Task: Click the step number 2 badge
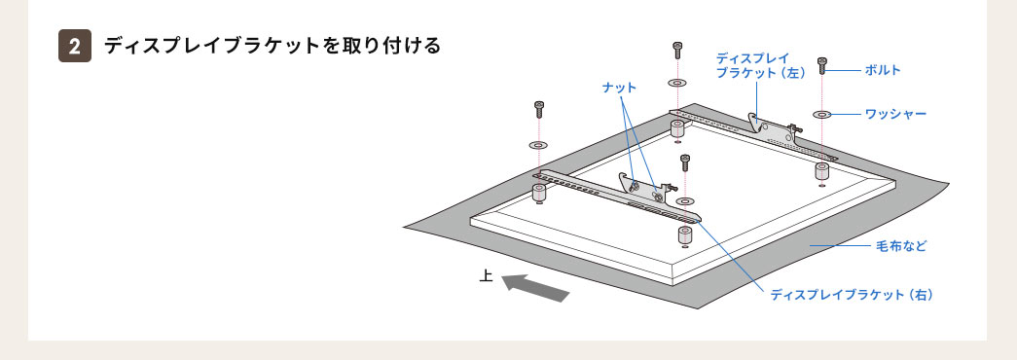pos(75,47)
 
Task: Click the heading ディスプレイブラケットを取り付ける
pos(272,47)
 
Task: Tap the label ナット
pos(619,88)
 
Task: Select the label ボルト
pos(883,70)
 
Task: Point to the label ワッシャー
pos(895,114)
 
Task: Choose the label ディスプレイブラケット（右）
pos(852,293)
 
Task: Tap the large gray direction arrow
pos(535,287)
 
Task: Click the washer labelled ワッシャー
pos(822,115)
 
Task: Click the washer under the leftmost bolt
pos(538,144)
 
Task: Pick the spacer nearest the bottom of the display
pos(685,236)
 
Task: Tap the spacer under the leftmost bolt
pos(538,191)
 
